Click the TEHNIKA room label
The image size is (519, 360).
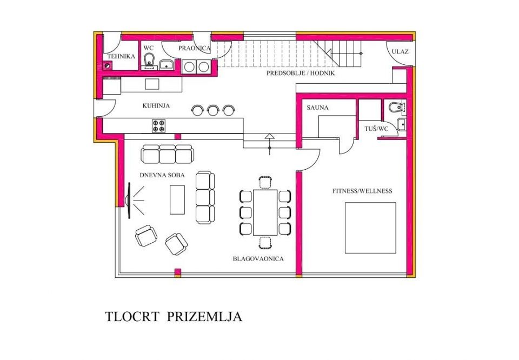tap(121, 56)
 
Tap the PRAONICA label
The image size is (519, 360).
tap(194, 48)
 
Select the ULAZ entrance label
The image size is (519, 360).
tap(400, 51)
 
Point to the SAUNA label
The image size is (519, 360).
tap(317, 108)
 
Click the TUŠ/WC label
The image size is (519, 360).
tap(376, 129)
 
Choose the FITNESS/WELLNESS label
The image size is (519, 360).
tap(362, 191)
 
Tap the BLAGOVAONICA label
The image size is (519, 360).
tap(258, 259)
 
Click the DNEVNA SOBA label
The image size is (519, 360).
tap(162, 175)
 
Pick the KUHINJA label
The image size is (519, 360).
tap(156, 106)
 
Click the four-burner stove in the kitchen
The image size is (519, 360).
tap(158, 126)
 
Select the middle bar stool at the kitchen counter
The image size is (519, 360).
tap(212, 110)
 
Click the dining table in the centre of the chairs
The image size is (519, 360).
tap(265, 212)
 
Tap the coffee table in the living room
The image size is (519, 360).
tap(177, 199)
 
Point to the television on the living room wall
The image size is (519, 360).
tap(129, 201)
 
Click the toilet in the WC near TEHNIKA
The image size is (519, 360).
tap(149, 59)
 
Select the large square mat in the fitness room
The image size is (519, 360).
tap(370, 228)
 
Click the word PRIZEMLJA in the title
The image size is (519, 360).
tap(204, 317)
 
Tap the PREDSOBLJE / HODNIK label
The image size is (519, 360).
tap(301, 73)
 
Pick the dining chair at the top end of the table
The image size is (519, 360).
tap(265, 183)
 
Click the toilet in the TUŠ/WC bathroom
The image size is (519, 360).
tap(396, 108)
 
